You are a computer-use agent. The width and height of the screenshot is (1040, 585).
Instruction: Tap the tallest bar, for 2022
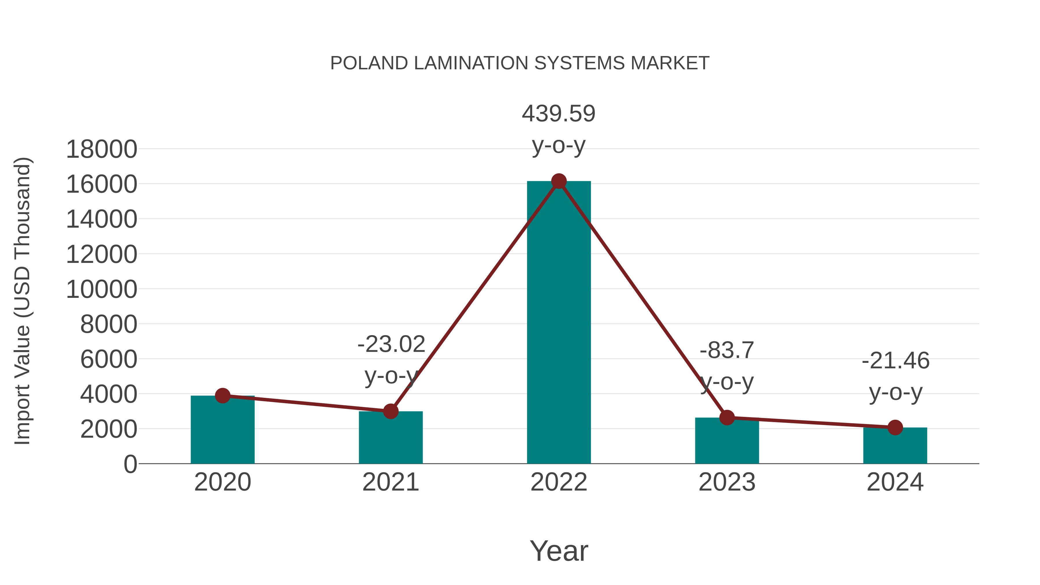[559, 323]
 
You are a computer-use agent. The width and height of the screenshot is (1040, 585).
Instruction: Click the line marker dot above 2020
[222, 396]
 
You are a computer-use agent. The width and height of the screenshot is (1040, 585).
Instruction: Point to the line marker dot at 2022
[559, 181]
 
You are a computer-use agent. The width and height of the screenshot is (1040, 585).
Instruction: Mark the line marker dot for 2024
[895, 427]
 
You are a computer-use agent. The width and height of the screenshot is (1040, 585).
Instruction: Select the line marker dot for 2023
[727, 417]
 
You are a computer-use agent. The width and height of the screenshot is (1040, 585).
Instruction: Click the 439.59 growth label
[558, 114]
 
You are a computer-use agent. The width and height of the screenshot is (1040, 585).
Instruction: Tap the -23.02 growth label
[391, 344]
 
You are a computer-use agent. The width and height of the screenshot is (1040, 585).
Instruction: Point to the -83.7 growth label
[727, 350]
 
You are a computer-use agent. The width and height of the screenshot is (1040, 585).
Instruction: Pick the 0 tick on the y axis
[130, 464]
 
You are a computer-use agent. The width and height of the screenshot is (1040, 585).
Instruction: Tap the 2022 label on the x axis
[559, 482]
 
